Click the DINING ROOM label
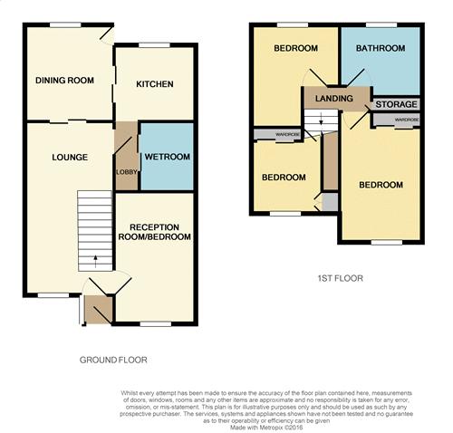point(64,81)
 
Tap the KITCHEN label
point(155,84)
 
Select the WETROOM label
point(168,157)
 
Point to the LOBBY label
point(127,172)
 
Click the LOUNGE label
point(70,157)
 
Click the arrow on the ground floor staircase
point(95,262)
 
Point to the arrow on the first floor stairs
point(321,120)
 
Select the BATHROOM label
point(381,48)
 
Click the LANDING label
point(334,98)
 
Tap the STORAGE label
point(396,104)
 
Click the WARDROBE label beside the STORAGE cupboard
point(407,120)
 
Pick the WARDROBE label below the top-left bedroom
point(287,134)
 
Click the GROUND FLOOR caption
point(113,360)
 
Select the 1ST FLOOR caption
point(341,278)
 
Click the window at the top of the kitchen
point(155,45)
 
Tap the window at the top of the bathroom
point(381,24)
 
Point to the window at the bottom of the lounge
point(53,295)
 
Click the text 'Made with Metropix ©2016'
point(266,428)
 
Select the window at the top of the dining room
point(65,24)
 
